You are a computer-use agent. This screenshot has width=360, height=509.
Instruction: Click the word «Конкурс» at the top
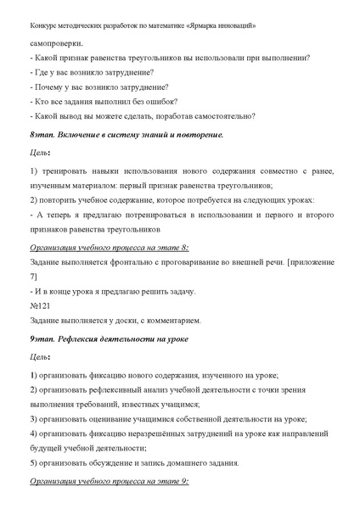[x=46, y=25]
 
